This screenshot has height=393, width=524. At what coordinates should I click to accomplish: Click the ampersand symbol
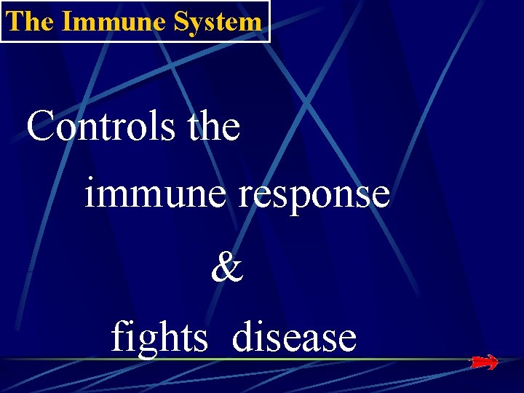227,269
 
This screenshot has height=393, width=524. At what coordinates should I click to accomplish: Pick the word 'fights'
159,338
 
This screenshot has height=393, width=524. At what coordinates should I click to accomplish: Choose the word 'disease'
295,337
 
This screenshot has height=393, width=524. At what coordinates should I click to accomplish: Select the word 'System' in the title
218,21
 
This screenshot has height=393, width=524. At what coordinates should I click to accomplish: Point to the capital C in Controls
41,127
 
